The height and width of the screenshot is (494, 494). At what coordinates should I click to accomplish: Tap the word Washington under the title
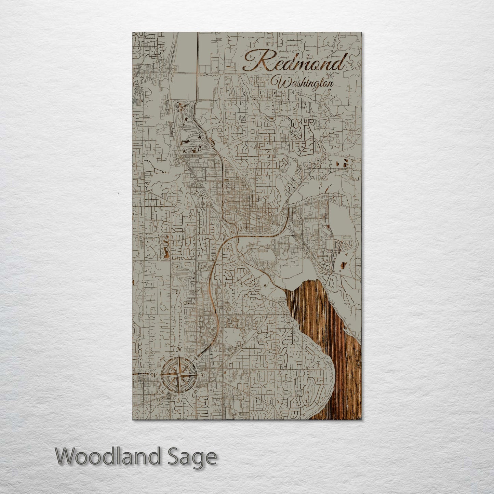pos(306,83)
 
